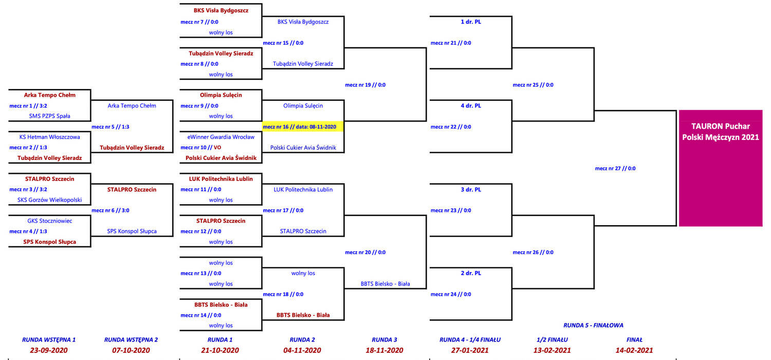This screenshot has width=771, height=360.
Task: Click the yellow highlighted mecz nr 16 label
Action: [300, 127]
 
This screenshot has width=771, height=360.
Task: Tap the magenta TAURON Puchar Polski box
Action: [721, 168]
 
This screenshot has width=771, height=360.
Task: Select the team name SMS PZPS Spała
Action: [49, 116]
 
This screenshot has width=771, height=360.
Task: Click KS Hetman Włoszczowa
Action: [49, 137]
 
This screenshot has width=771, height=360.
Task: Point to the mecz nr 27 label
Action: [615, 169]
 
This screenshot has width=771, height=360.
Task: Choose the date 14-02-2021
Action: [634, 350]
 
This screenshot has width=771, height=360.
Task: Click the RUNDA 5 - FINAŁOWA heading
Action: [593, 325]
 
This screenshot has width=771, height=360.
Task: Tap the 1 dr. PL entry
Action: [471, 22]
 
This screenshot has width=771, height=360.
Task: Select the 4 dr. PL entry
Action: [471, 106]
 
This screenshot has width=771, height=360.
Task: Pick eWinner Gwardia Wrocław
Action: [221, 137]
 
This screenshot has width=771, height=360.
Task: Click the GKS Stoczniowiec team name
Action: [49, 221]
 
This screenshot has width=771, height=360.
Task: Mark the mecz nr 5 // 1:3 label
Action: [110, 127]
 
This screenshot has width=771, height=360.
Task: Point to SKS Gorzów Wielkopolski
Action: [49, 200]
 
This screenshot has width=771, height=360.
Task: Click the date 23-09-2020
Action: [48, 350]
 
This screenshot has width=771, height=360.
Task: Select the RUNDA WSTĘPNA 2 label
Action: [131, 339]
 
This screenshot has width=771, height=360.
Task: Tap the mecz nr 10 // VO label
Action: [200, 148]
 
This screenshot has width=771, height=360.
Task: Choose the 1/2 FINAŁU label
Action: [552, 339]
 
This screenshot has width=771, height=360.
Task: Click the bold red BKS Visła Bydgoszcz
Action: [221, 10]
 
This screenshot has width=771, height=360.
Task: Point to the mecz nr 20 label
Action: [365, 252]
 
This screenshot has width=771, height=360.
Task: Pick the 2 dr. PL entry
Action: [471, 273]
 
